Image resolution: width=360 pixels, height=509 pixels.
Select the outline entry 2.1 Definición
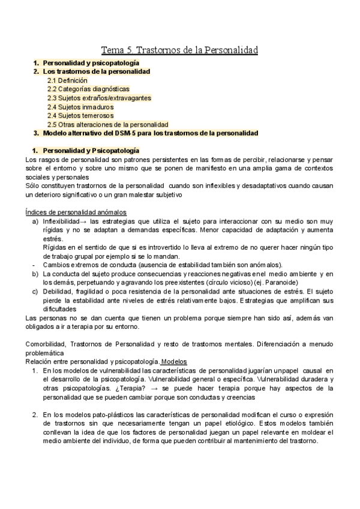click(67, 80)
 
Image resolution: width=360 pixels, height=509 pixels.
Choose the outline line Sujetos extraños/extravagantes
click(99, 97)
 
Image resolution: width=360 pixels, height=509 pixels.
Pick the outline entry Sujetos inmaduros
click(80, 106)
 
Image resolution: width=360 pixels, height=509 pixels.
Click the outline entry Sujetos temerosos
click(81, 115)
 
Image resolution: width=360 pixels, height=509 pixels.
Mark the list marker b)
click(35, 274)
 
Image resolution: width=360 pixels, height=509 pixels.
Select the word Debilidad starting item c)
click(58, 291)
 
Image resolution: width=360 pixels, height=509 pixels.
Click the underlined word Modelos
click(174, 362)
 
